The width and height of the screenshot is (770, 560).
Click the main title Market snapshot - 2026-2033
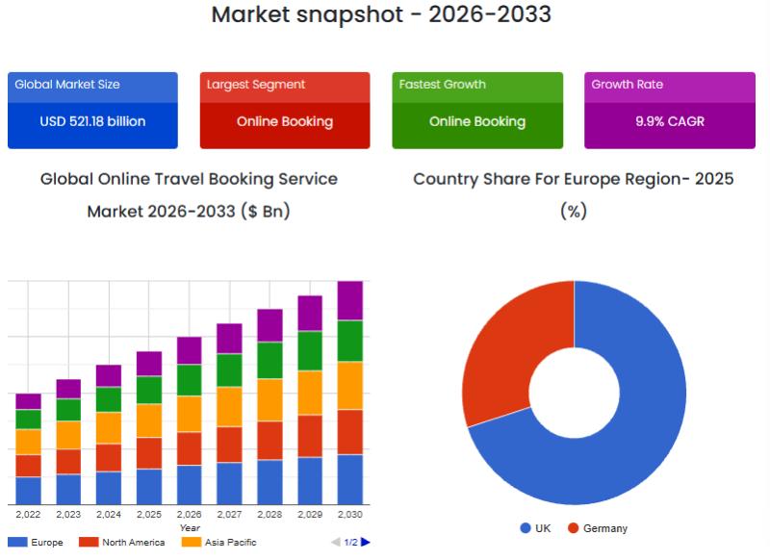[381, 14]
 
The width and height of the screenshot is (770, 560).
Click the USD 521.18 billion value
[92, 122]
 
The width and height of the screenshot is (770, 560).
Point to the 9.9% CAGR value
[669, 122]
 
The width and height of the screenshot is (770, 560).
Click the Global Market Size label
[67, 85]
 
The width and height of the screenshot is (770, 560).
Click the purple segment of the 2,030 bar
[349, 300]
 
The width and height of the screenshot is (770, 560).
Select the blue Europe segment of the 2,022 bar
[28, 491]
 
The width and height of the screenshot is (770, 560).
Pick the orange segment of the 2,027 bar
[229, 406]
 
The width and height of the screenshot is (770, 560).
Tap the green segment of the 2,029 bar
[310, 350]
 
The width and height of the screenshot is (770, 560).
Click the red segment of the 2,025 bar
[149, 452]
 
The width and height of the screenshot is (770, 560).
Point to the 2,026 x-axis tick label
[189, 515]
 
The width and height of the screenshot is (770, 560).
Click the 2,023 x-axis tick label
[68, 515]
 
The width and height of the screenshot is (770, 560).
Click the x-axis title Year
[190, 527]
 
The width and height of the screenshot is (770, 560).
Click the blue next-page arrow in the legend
[366, 543]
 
